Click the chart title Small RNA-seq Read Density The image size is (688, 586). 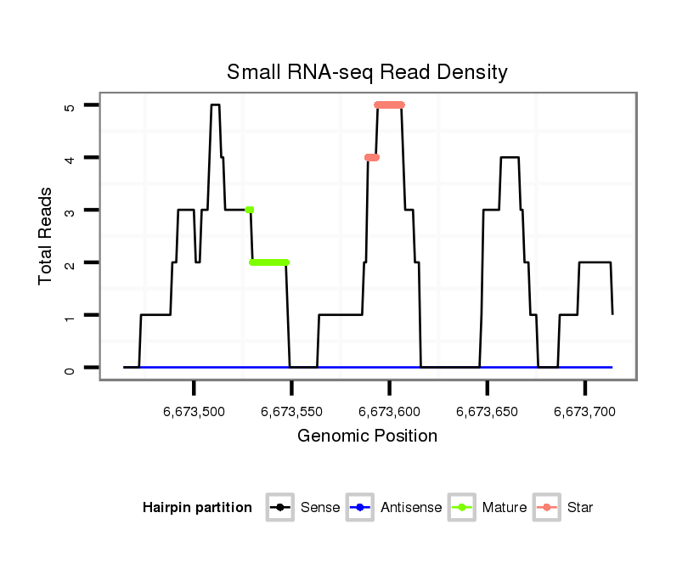(367, 72)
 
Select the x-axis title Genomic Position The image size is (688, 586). (367, 437)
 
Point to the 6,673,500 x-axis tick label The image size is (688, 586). (194, 412)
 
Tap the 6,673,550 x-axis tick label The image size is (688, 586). (291, 412)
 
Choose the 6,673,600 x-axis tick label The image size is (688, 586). (389, 412)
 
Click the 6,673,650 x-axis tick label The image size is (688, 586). (487, 412)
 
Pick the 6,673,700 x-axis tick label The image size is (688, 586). (584, 412)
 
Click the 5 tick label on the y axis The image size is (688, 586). (70, 105)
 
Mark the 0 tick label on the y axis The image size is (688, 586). (70, 368)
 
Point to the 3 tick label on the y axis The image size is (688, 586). (70, 211)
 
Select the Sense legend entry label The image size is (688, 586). (320, 508)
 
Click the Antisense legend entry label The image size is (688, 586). (411, 508)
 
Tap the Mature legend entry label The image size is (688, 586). (504, 508)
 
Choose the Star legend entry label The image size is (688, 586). (580, 508)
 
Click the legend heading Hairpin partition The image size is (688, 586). (197, 508)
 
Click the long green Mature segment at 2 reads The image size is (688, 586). (269, 262)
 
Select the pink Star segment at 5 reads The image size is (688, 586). (389, 105)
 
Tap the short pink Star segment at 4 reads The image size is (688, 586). (371, 157)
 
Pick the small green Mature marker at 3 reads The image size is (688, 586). (249, 210)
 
